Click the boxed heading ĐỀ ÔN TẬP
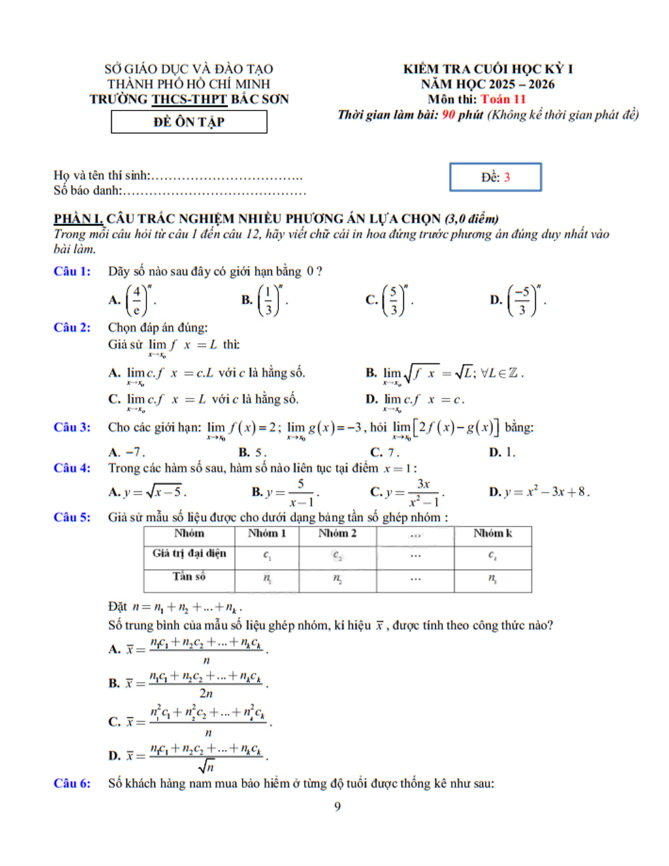tap(189, 122)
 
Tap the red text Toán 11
tap(503, 99)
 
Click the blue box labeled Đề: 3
tap(495, 177)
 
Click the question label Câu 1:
tap(72, 271)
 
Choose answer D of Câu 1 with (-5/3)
tap(519, 300)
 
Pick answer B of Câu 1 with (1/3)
tap(265, 300)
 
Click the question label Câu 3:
tap(72, 427)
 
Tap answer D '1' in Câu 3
tap(503, 452)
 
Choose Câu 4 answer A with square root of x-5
tap(148, 492)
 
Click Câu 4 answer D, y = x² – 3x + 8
tap(540, 492)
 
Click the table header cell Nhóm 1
tap(267, 534)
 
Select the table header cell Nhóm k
tap(493, 534)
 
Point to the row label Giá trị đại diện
tap(189, 553)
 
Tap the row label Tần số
tap(189, 576)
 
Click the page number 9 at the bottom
tap(337, 807)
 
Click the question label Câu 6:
tap(72, 783)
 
